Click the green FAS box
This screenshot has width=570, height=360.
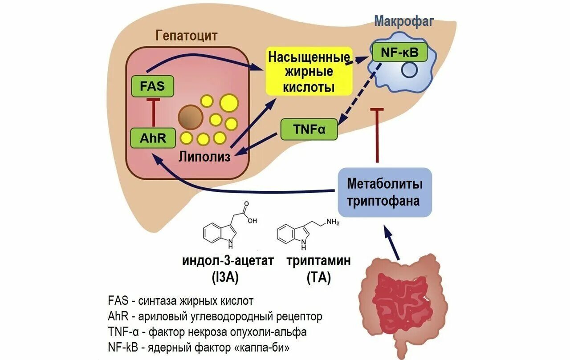coord(152,86)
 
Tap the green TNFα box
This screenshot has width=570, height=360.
coord(309,129)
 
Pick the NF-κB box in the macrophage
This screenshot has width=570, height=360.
coord(399,53)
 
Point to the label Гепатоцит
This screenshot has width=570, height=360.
coord(186,36)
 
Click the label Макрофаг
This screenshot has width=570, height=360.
coord(403,20)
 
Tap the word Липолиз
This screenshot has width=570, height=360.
coord(205,156)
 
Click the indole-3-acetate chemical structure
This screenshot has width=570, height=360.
coord(229,227)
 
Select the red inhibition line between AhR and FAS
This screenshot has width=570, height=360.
coord(153,112)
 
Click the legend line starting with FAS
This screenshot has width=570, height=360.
coord(180,300)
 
